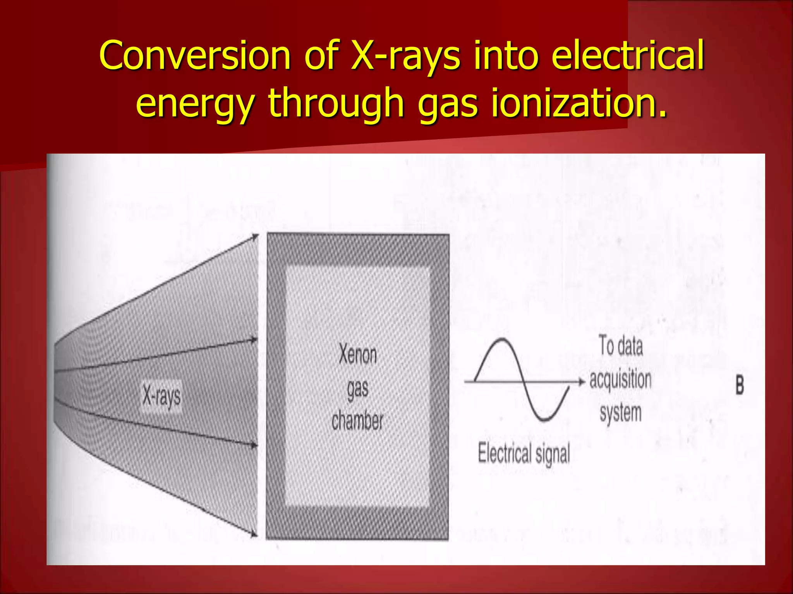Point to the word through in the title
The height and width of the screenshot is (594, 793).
pyautogui.click(x=336, y=102)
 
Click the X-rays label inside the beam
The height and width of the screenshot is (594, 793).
pyautogui.click(x=161, y=396)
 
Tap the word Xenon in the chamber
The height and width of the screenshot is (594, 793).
pyautogui.click(x=357, y=354)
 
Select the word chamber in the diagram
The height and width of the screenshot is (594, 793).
pyautogui.click(x=357, y=420)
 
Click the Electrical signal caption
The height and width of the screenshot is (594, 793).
pyautogui.click(x=524, y=453)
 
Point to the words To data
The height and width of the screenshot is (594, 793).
pyautogui.click(x=621, y=345)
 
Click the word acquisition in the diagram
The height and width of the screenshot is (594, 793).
pyautogui.click(x=620, y=379)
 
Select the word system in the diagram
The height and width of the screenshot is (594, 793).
pyautogui.click(x=620, y=413)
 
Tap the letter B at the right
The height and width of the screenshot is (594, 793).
pyautogui.click(x=740, y=386)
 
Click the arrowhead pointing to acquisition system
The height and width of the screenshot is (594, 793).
pyautogui.click(x=581, y=382)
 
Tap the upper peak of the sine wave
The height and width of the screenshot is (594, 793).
pyautogui.click(x=502, y=340)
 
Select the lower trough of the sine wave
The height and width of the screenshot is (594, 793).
pyautogui.click(x=546, y=419)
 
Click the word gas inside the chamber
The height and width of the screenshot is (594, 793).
pyautogui.click(x=357, y=388)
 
